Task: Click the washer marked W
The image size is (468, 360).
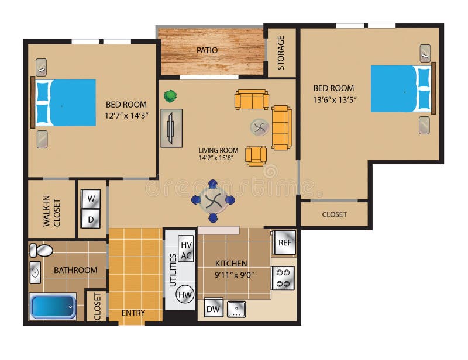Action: pyautogui.click(x=91, y=198)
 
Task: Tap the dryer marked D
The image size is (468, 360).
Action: pyautogui.click(x=91, y=219)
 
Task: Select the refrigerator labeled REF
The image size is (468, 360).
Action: pyautogui.click(x=284, y=242)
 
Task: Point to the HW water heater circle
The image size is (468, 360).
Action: pyautogui.click(x=185, y=294)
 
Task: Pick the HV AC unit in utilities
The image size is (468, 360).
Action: pyautogui.click(x=185, y=250)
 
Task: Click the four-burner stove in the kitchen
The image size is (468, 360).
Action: pyautogui.click(x=283, y=278)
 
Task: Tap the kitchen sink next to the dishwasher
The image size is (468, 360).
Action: pyautogui.click(x=236, y=309)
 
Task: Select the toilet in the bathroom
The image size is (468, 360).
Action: pyautogui.click(x=42, y=251)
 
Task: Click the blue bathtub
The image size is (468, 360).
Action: pyautogui.click(x=53, y=306)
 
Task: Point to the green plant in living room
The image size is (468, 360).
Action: pyautogui.click(x=170, y=95)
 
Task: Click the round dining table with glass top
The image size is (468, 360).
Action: pyautogui.click(x=213, y=200)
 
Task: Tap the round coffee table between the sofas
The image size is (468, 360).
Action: pyautogui.click(x=259, y=127)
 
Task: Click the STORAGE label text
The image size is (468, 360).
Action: pyautogui.click(x=281, y=53)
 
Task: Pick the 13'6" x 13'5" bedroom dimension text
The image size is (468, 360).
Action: pyautogui.click(x=335, y=99)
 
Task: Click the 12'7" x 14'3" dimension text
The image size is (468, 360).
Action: pyautogui.click(x=126, y=115)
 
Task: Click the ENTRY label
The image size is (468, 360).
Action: pyautogui.click(x=133, y=313)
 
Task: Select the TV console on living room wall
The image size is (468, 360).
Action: pyautogui.click(x=171, y=127)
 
